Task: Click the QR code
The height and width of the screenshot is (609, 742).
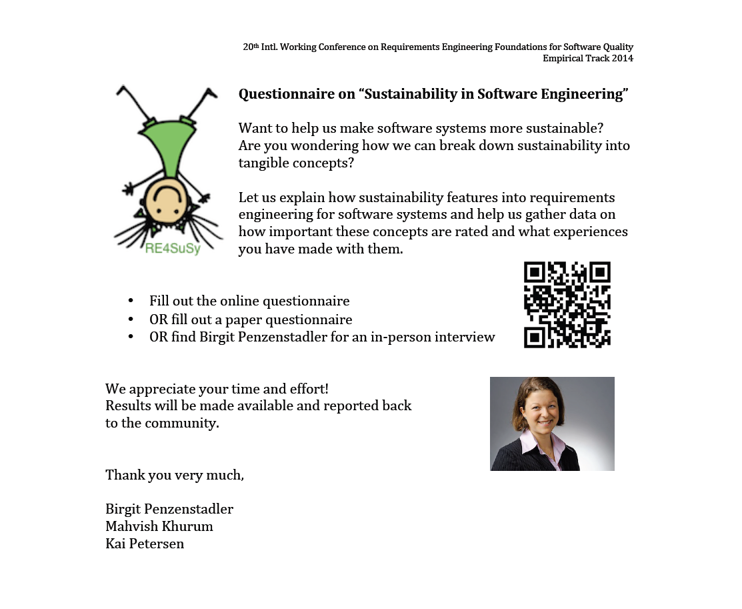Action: click(x=567, y=304)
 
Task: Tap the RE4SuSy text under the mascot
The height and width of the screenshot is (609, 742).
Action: click(x=173, y=249)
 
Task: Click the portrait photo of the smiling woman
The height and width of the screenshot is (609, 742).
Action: click(x=552, y=424)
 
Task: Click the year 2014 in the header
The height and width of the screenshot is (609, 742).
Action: click(x=621, y=58)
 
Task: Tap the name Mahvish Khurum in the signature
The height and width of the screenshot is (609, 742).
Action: click(x=159, y=526)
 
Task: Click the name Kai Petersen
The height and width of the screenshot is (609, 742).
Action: click(x=145, y=544)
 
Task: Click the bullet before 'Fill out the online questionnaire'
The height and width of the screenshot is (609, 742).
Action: click(x=131, y=301)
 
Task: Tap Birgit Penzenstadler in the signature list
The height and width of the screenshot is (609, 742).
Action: click(x=169, y=509)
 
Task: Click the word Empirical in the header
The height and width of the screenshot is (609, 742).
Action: click(x=564, y=58)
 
